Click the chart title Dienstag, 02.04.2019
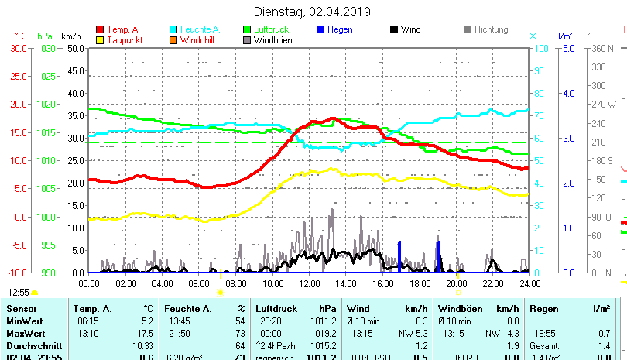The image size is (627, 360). [x=313, y=12]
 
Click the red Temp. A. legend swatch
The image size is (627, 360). [x=100, y=29]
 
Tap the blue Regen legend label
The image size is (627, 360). [x=340, y=29]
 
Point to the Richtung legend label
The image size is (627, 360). [x=491, y=29]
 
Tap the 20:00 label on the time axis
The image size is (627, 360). [x=456, y=283]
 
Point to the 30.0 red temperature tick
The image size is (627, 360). [x=19, y=48]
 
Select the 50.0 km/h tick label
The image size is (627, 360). [x=75, y=48]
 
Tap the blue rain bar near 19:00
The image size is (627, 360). [x=439, y=255]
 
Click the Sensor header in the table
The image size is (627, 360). [x=22, y=309]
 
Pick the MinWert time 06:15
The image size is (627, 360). [x=87, y=321]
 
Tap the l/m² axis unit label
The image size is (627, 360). [x=565, y=36]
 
